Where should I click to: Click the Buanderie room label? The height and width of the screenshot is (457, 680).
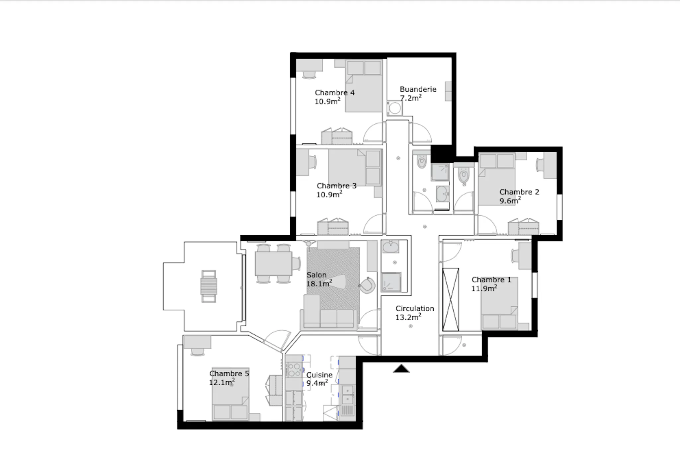pos(418,89)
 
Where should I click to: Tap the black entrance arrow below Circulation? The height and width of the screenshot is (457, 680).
pos(401,368)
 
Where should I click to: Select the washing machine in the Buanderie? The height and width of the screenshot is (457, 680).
pos(395,108)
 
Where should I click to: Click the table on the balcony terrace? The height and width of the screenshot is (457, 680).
pos(209,286)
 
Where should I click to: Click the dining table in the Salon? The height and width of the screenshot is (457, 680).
pos(273,264)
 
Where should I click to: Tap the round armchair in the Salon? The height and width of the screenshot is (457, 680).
pos(367,285)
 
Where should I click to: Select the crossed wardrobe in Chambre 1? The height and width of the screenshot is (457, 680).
pos(451,299)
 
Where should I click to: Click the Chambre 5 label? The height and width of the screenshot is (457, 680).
pos(229,373)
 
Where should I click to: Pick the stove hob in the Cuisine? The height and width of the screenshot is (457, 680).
pos(294,370)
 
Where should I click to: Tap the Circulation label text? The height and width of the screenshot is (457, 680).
pos(415,308)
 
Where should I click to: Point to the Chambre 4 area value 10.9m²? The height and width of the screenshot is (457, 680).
pos(327,101)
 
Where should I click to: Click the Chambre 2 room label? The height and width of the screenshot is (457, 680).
pos(519,192)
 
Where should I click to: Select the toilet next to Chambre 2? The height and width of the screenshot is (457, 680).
pos(464,175)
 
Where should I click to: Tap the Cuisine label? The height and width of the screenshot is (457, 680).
pos(319,375)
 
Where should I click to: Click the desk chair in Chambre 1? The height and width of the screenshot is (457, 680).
pos(515,256)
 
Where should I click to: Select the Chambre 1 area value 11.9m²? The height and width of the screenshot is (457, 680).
pos(484,288)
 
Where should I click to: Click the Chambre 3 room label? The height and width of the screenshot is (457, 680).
pos(337,186)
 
